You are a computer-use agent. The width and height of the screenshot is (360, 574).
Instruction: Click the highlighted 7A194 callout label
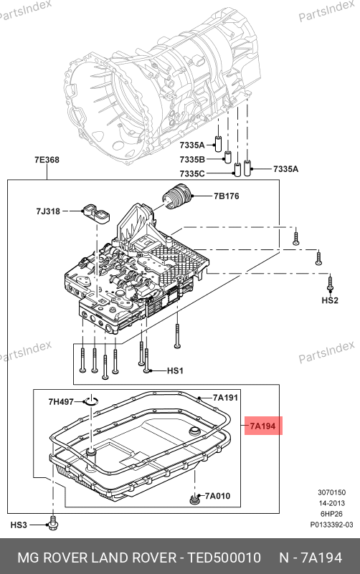pos(263,426)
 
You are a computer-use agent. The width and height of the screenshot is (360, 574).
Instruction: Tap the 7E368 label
pos(47,160)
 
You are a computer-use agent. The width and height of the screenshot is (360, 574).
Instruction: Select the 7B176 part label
pos(227,196)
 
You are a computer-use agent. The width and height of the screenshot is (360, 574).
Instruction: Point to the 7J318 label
pos(48,211)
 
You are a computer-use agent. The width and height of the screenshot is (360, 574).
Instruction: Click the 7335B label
pos(192,160)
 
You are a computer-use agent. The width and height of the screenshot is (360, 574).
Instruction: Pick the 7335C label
pos(192,173)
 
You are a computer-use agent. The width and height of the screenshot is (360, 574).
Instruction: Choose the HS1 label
pos(175,370)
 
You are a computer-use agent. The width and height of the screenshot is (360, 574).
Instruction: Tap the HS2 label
pos(330,300)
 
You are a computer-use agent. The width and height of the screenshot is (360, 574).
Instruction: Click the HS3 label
pos(19,525)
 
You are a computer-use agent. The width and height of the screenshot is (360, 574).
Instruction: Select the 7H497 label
pos(61,401)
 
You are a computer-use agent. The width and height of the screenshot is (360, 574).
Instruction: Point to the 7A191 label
pos(226,398)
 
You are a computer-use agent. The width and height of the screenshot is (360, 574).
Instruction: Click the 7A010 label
pos(217,496)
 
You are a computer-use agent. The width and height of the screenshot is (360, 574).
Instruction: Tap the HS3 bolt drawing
pos(53,525)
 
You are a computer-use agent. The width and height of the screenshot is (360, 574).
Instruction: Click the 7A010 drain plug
pos(194,499)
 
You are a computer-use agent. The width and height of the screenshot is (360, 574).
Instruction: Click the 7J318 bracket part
pos(96,213)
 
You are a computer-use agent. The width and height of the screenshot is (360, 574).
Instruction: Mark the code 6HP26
pos(332,514)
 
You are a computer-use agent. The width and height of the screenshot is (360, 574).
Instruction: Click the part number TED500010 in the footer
pos(224,558)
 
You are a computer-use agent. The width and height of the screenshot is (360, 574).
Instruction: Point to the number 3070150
pos(332,493)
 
